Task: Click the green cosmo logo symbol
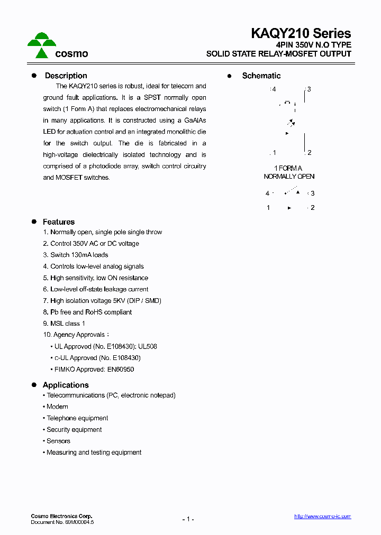pos(42,45)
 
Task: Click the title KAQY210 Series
pos(301,33)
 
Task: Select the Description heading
pos(66,76)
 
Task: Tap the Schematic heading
pos(261,76)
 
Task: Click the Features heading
pos(59,222)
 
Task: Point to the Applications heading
pos(66,385)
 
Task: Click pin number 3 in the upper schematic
pos(309,89)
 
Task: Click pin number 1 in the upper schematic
pos(274,153)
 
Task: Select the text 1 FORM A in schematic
pos(288,168)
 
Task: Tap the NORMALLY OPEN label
pos(289,177)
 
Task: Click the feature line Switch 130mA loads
pos(79,255)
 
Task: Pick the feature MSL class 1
pos(67,324)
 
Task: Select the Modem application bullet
pos(57,407)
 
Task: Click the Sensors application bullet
pos(58,441)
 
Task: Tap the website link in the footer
pos(322,516)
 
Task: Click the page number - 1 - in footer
pos(188,519)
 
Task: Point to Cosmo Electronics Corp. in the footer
pos(61,516)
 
